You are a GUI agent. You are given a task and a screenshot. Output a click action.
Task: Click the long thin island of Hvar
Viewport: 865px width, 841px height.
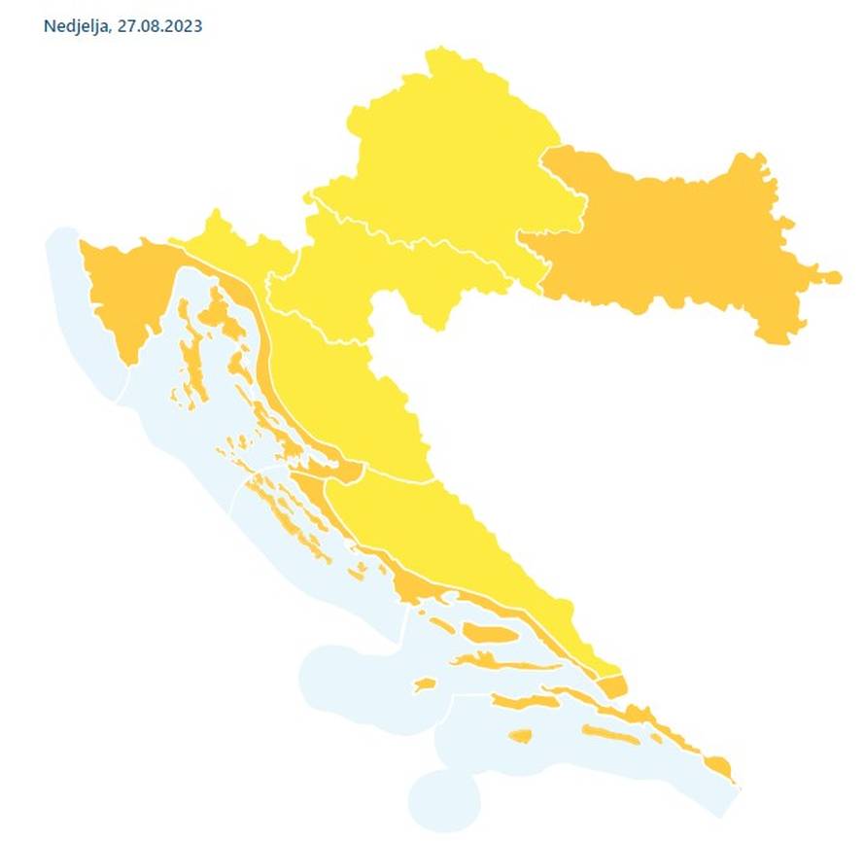click(505, 663)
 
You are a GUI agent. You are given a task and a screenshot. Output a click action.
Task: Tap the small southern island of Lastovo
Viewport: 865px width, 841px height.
click(521, 735)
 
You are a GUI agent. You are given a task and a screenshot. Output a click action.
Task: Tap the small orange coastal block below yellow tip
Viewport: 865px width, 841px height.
click(612, 686)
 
